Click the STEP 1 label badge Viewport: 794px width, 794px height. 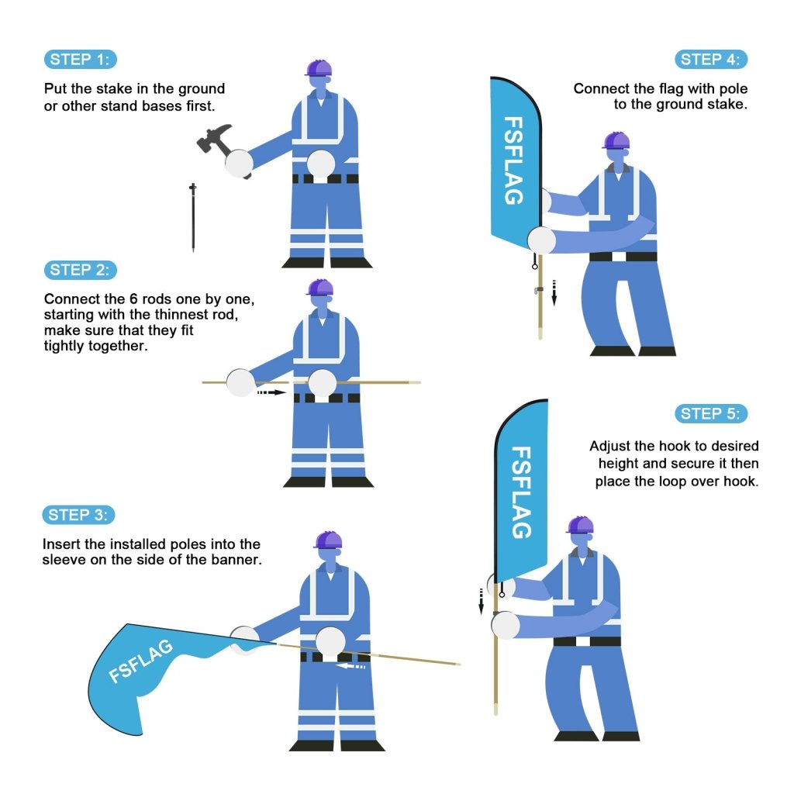click(81, 60)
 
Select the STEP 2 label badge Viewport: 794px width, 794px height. click(81, 270)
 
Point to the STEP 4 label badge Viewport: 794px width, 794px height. click(711, 60)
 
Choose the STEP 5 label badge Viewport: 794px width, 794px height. click(711, 413)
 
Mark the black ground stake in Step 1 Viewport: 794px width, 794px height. click(192, 218)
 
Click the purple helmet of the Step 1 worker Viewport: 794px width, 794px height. click(318, 68)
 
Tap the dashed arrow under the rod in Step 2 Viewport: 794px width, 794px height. click(271, 393)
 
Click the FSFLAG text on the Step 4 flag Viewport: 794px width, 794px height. click(513, 161)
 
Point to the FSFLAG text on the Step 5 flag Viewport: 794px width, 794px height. click(521, 492)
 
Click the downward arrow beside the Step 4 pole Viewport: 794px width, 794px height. click(554, 292)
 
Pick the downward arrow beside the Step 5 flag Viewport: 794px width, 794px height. click(481, 600)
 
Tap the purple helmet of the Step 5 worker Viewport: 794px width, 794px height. click(579, 525)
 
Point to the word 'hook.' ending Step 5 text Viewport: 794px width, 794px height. click(741, 482)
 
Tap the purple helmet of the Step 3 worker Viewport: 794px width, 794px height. click(328, 540)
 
